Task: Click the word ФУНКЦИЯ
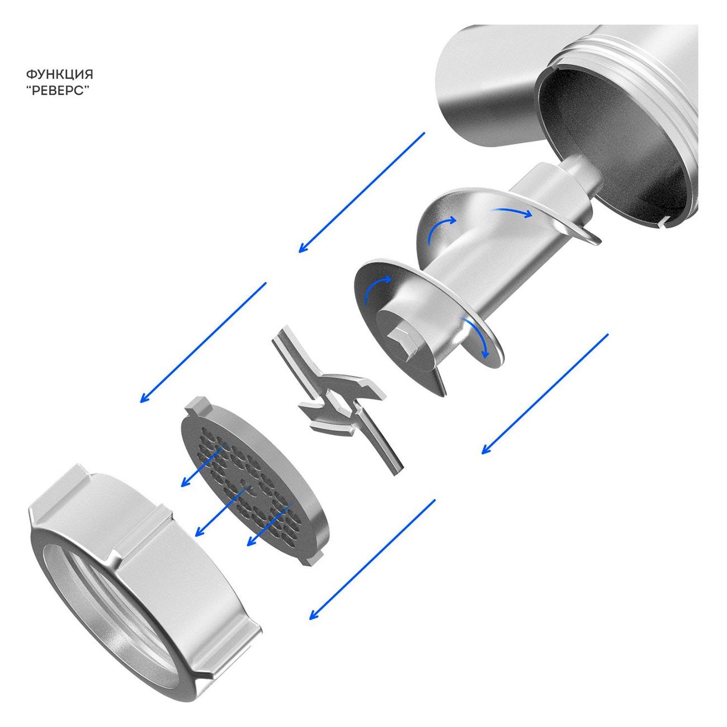pyautogui.click(x=60, y=74)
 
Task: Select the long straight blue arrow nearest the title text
pyautogui.click(x=361, y=192)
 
